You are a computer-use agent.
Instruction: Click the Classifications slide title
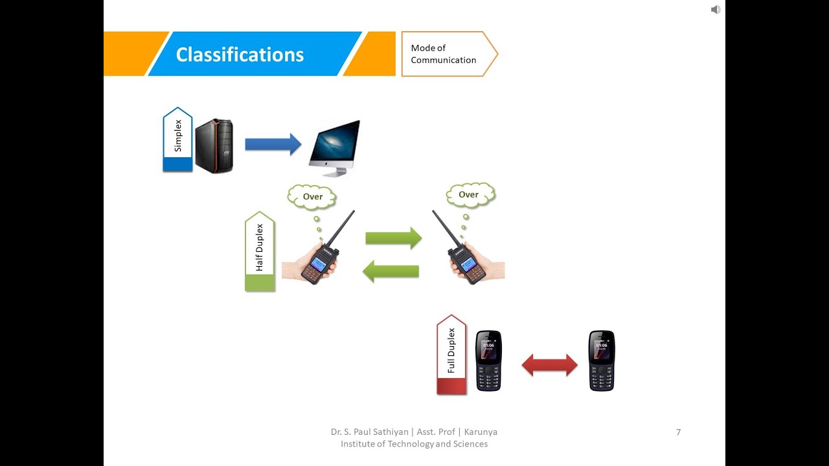click(x=240, y=54)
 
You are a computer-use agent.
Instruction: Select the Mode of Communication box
click(x=444, y=54)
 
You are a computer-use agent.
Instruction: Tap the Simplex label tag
click(x=177, y=139)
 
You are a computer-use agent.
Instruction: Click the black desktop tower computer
click(x=214, y=146)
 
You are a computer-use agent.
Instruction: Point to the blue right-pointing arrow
click(x=273, y=144)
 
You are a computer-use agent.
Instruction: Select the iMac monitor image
click(x=334, y=147)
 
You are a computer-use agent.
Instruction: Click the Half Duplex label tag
click(x=260, y=250)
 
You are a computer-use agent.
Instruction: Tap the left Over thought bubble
click(x=312, y=197)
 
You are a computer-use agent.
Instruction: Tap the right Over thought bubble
click(x=469, y=194)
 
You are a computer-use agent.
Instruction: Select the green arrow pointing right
click(x=393, y=238)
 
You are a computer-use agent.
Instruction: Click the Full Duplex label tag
click(x=451, y=353)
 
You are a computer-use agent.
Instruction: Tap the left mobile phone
click(x=489, y=361)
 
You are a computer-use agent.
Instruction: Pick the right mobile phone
click(x=601, y=361)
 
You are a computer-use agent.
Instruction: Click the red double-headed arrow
click(x=549, y=365)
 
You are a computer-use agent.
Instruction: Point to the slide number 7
click(x=678, y=432)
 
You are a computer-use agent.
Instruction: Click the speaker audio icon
click(x=715, y=10)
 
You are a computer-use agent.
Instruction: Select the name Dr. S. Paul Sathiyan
click(x=369, y=432)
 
